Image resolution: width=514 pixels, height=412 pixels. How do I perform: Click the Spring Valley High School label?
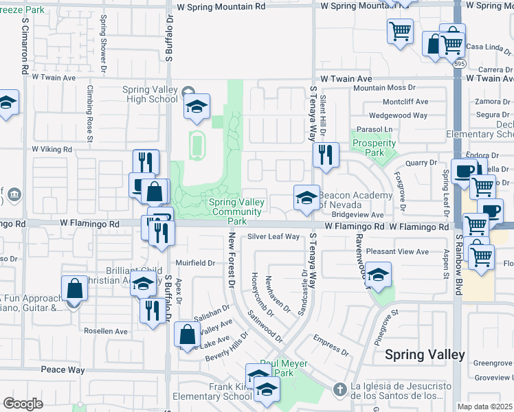(x=150, y=94)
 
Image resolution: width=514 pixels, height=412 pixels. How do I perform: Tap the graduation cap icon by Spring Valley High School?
(x=197, y=107)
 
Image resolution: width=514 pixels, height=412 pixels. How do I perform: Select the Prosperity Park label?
(x=374, y=148)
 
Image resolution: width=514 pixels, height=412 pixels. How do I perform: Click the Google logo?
(x=23, y=403)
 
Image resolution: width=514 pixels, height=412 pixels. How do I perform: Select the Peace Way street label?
(x=63, y=370)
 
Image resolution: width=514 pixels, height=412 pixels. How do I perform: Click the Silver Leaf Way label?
(x=273, y=237)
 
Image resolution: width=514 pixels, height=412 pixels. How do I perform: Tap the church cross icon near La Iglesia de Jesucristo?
(x=338, y=390)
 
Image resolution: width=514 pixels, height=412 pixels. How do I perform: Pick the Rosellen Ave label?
(x=107, y=331)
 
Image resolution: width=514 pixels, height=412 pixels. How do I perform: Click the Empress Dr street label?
(x=331, y=342)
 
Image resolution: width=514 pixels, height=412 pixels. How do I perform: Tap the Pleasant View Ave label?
(x=397, y=252)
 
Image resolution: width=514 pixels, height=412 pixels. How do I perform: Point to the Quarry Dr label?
(x=421, y=163)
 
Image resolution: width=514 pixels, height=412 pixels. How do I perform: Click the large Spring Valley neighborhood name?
(x=425, y=355)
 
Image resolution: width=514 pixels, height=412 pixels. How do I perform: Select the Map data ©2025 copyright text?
(x=485, y=407)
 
